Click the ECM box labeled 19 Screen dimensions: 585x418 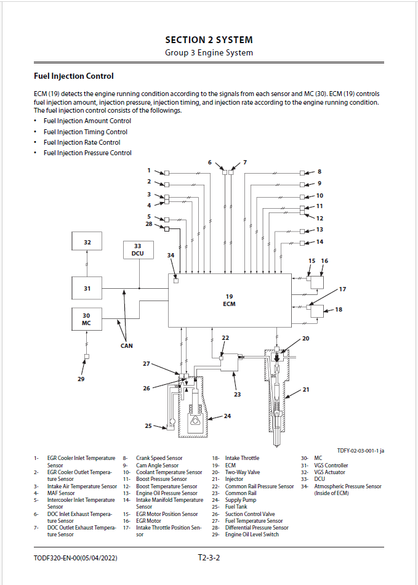[x=230, y=300]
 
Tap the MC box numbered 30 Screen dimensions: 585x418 [x=87, y=319]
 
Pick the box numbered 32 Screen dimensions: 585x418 [x=87, y=243]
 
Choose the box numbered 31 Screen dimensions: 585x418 [x=87, y=288]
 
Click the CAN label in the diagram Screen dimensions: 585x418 [x=126, y=345]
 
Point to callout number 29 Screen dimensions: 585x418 [x=81, y=379]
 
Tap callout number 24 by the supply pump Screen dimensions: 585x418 [x=227, y=416]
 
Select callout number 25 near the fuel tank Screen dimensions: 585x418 [x=148, y=426]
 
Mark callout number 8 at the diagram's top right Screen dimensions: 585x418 [x=320, y=172]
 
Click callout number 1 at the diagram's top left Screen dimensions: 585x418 [x=148, y=170]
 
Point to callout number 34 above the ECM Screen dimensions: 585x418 [x=171, y=254]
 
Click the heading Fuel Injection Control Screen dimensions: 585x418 [x=73, y=76]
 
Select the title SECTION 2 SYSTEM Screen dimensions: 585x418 [x=209, y=40]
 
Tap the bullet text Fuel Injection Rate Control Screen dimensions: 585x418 [x=82, y=142]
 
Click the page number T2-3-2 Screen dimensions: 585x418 [x=209, y=558]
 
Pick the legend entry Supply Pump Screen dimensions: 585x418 [x=241, y=500]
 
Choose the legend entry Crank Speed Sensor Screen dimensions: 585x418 [x=159, y=458]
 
